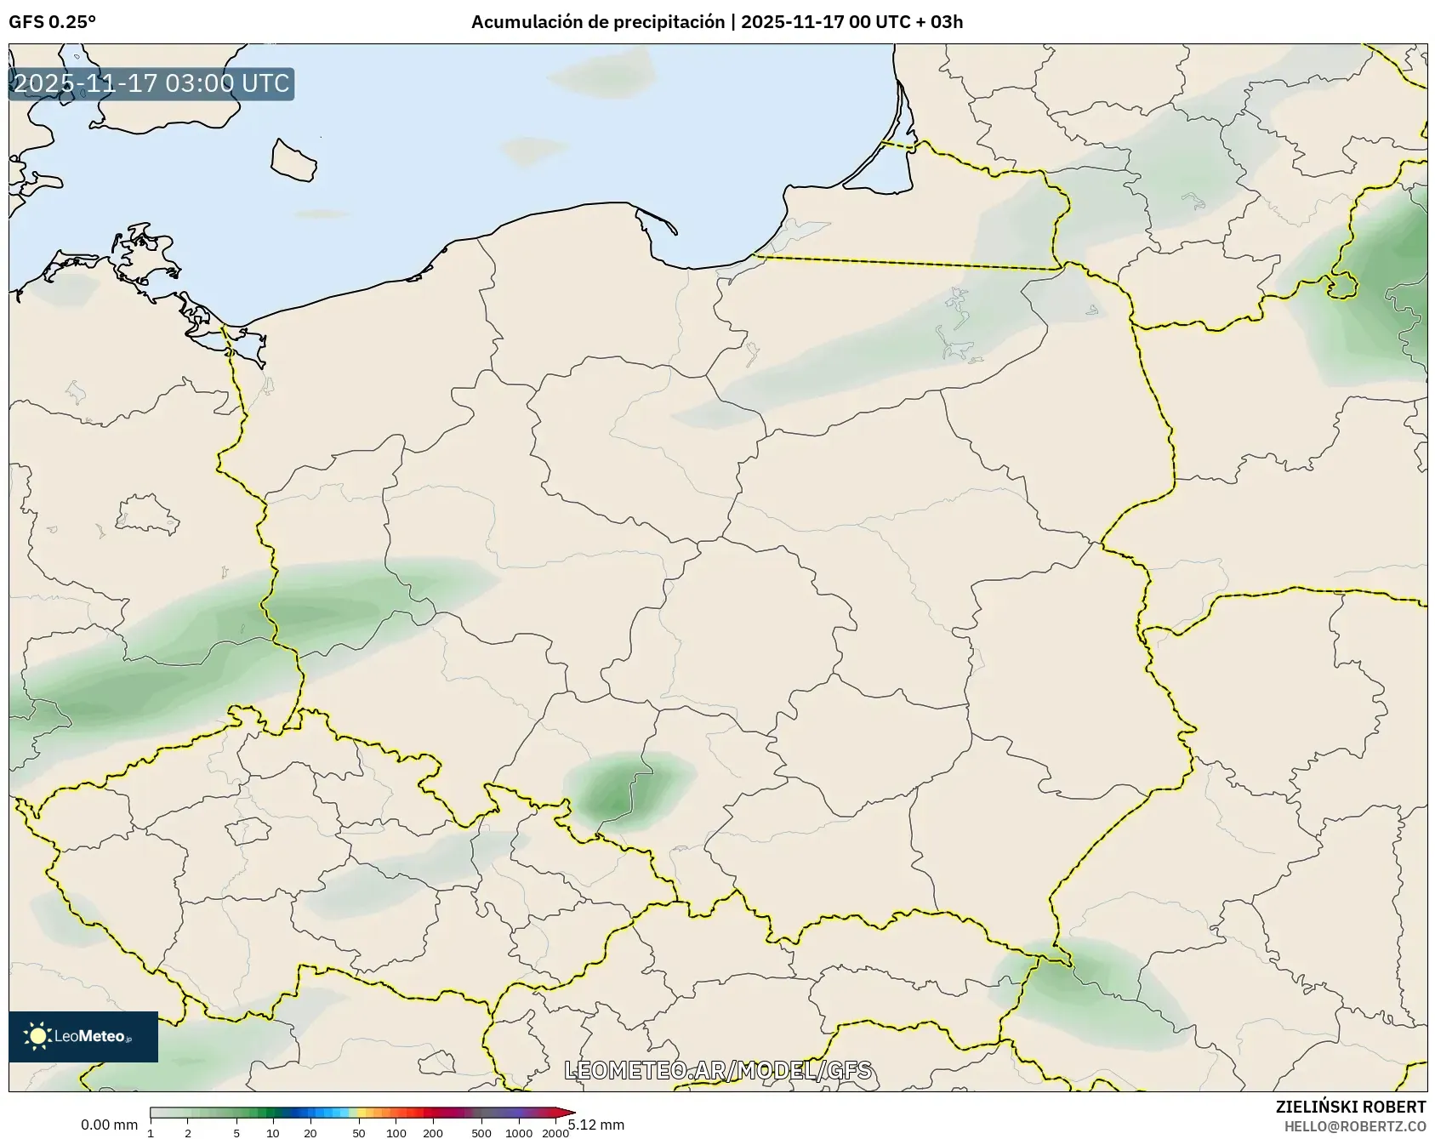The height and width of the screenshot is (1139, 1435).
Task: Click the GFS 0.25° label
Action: click(x=52, y=22)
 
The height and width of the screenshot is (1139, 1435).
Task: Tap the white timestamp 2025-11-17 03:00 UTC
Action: click(x=151, y=83)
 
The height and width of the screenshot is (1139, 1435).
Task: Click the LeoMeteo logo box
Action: click(x=83, y=1036)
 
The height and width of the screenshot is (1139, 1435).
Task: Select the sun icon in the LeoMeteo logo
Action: click(x=37, y=1035)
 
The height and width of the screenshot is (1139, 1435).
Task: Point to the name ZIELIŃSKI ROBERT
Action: click(x=1350, y=1107)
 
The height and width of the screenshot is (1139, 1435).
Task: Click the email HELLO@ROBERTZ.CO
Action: click(x=1354, y=1126)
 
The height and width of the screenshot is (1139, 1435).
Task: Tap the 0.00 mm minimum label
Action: click(x=109, y=1125)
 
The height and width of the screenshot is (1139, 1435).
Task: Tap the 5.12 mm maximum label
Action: click(x=597, y=1125)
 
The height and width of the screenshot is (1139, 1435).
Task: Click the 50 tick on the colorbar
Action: click(x=359, y=1132)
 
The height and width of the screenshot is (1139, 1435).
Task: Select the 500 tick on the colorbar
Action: click(x=481, y=1132)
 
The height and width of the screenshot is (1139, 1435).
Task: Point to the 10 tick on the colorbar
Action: click(x=273, y=1132)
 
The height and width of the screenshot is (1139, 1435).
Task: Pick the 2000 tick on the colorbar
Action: click(x=555, y=1132)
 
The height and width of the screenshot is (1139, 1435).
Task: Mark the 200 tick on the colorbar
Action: click(x=433, y=1132)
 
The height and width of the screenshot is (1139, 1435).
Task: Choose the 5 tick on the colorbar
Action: click(x=236, y=1132)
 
